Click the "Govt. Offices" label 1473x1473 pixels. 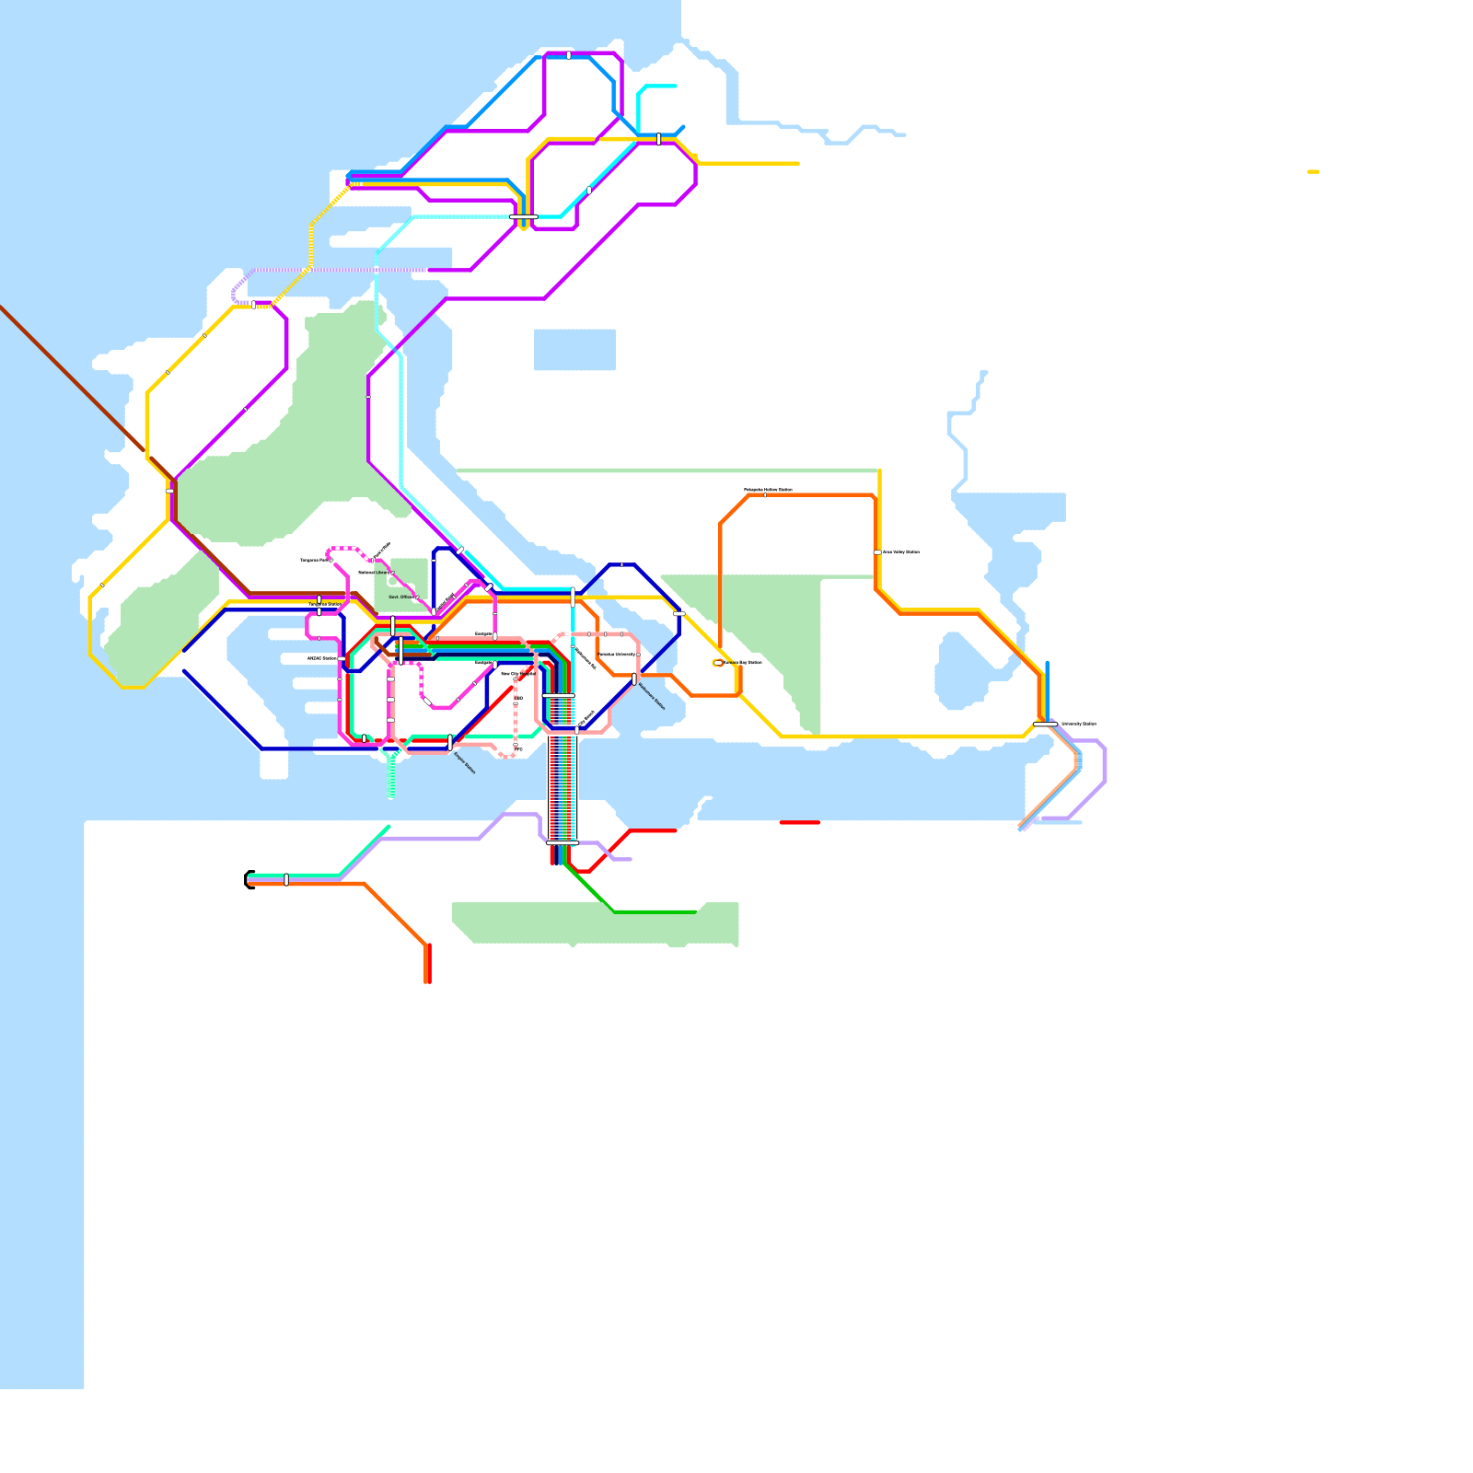pyautogui.click(x=400, y=597)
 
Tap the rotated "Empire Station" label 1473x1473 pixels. pyautogui.click(x=465, y=763)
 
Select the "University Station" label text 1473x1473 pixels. pyautogui.click(x=1079, y=724)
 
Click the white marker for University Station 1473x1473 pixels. pyautogui.click(x=1045, y=725)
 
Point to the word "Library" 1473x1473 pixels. pyautogui.click(x=381, y=573)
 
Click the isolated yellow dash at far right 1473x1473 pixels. pyautogui.click(x=1313, y=171)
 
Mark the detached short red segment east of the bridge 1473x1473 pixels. pyautogui.click(x=799, y=822)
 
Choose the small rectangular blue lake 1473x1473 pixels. pyautogui.click(x=574, y=350)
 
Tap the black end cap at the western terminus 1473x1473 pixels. pyautogui.click(x=249, y=879)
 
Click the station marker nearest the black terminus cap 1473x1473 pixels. pyautogui.click(x=286, y=879)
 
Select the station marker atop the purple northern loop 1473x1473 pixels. pyautogui.click(x=569, y=55)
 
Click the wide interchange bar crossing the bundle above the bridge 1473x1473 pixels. pyautogui.click(x=559, y=696)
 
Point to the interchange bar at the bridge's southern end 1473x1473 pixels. pyautogui.click(x=562, y=842)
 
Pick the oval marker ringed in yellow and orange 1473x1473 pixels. pyautogui.click(x=718, y=662)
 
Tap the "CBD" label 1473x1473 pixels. pyautogui.click(x=520, y=698)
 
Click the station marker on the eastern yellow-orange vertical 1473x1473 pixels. pyautogui.click(x=877, y=552)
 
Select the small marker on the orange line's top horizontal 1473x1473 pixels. pyautogui.click(x=765, y=495)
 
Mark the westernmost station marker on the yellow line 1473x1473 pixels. pyautogui.click(x=101, y=586)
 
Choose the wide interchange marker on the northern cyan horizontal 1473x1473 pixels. pyautogui.click(x=523, y=217)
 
